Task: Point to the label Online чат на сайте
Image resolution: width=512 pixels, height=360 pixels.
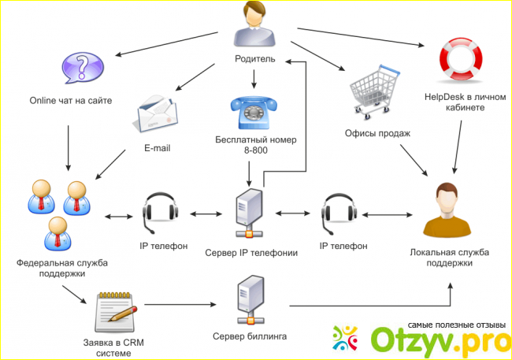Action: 71,100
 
